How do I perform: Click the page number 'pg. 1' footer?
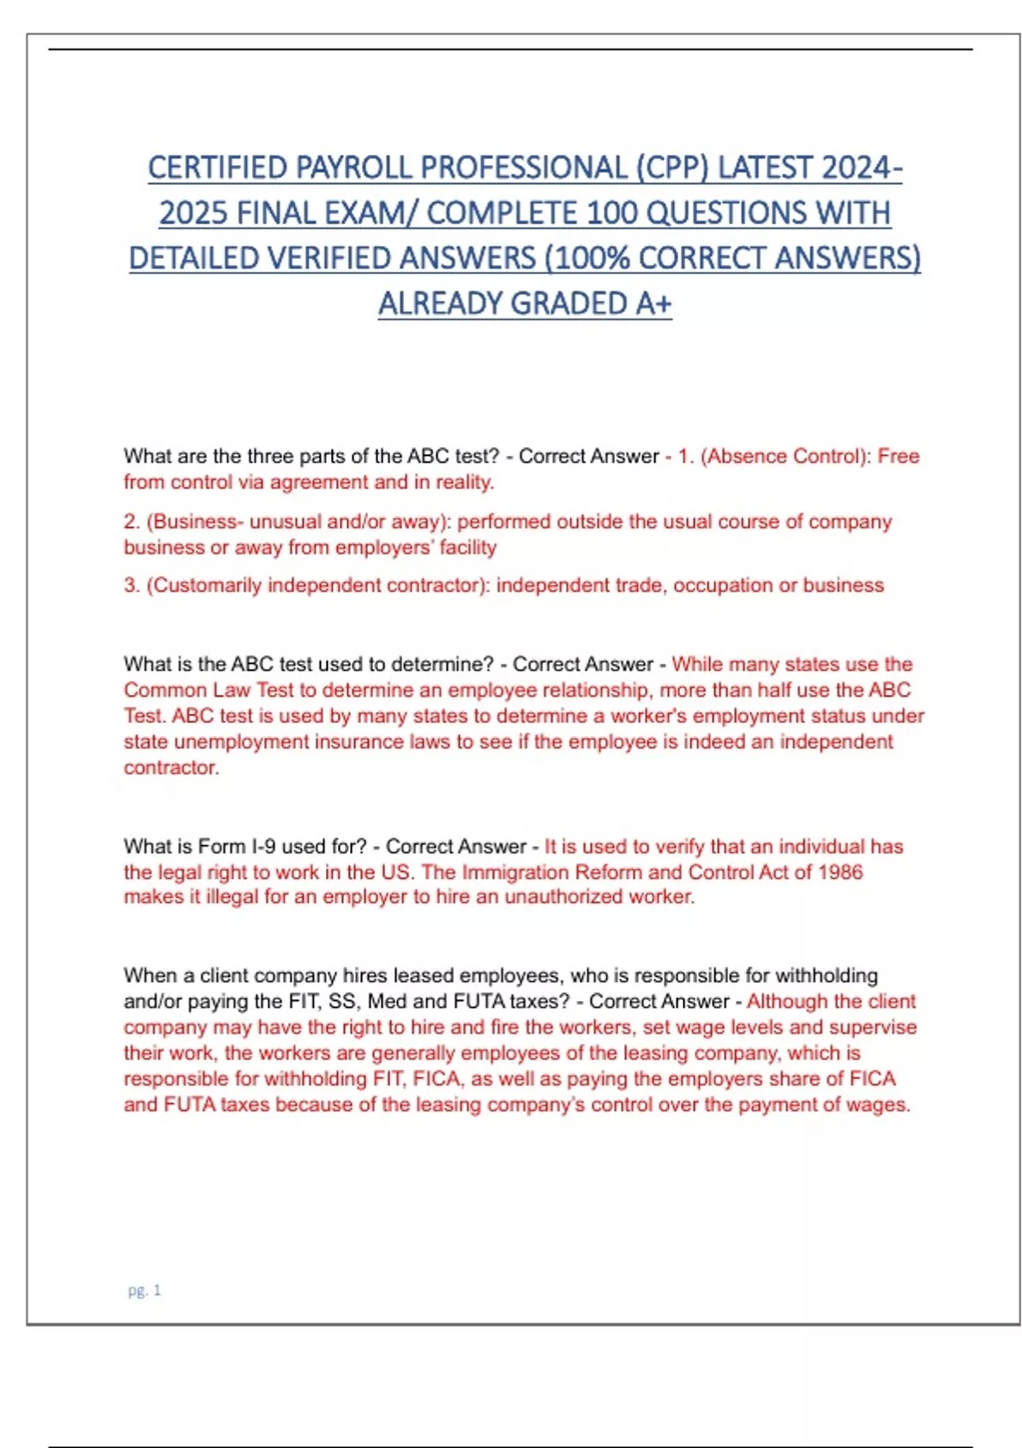pos(144,1290)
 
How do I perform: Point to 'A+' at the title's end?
pos(653,303)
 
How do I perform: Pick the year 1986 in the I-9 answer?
pos(840,872)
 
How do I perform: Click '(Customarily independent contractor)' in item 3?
pos(318,585)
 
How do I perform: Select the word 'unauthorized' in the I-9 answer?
pos(563,897)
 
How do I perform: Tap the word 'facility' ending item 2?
pos(468,547)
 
